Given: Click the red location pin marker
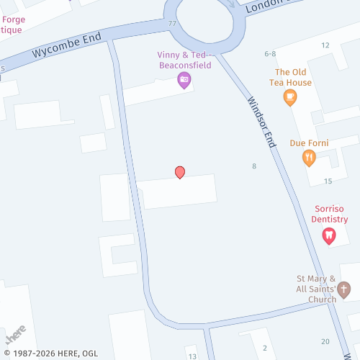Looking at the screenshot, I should tap(180, 172).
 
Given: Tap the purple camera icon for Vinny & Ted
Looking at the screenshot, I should tap(184, 80).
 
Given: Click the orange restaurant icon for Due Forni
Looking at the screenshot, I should tap(309, 158).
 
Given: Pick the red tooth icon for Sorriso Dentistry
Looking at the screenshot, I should tap(329, 235).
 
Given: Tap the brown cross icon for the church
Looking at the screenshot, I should tap(344, 290).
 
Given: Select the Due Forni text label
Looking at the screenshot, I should tap(309, 143).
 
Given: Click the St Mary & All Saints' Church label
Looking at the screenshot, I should tap(317, 289).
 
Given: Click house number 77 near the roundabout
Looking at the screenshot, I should tap(172, 24).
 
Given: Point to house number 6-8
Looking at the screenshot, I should tap(271, 54).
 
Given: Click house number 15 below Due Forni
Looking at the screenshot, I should tap(328, 181).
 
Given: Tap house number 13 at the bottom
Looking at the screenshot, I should tap(192, 356).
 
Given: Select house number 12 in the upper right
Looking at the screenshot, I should tap(325, 45).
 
